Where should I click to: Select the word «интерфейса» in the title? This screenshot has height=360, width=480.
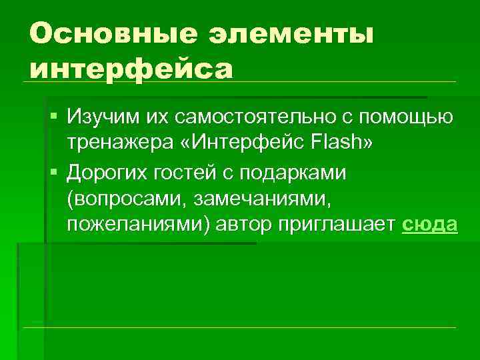[131, 68]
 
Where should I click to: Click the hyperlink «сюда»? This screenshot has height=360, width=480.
[431, 225]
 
